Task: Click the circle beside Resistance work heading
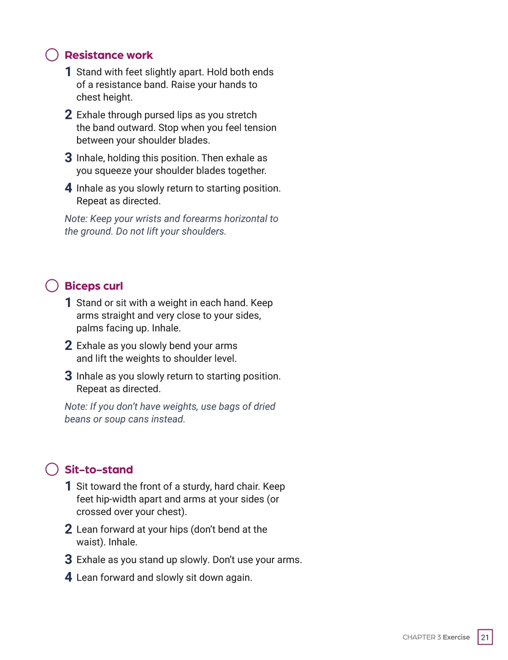(52, 55)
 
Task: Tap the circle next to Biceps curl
(52, 286)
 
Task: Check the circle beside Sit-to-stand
(52, 469)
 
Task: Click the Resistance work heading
(108, 55)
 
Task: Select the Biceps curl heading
(94, 286)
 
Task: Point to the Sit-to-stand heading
(99, 469)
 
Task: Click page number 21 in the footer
(485, 637)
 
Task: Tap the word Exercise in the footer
(456, 637)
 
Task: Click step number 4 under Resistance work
(68, 188)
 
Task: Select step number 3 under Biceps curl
(68, 376)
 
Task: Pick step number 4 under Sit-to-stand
(68, 577)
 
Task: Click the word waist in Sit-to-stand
(89, 542)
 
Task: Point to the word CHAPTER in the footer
(419, 637)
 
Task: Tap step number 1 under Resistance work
(68, 72)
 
